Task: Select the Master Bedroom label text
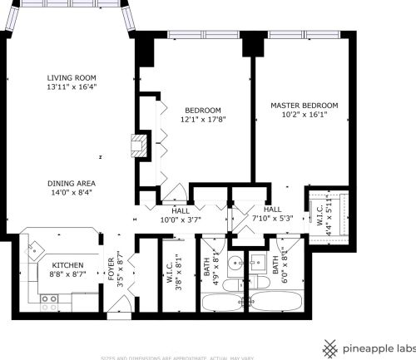(x=305, y=106)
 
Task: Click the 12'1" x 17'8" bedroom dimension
(x=204, y=120)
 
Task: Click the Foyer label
(x=111, y=267)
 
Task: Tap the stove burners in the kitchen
(x=48, y=298)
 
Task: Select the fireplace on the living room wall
(x=137, y=145)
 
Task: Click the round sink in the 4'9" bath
(x=235, y=265)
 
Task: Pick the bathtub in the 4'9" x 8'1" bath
(x=222, y=300)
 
